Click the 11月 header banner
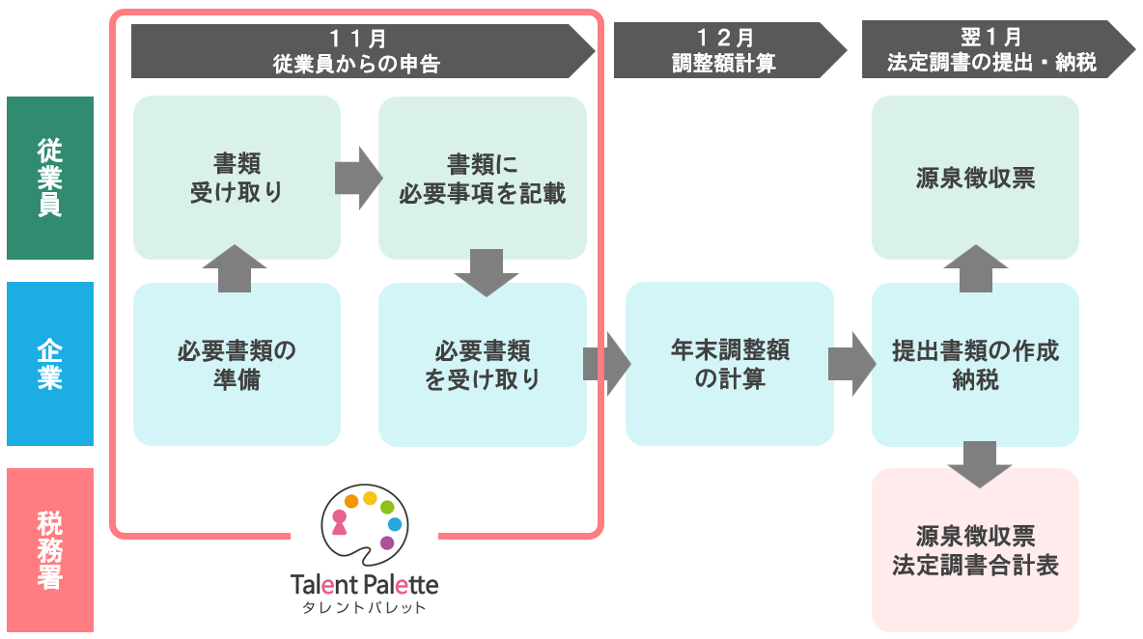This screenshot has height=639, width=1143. point(357,51)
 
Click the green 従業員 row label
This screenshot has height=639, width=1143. point(50,178)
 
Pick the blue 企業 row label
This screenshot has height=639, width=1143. point(50,364)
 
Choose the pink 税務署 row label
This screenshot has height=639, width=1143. point(50,549)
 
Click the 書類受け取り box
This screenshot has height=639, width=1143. point(237,178)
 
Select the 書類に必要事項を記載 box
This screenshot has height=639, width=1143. point(482,178)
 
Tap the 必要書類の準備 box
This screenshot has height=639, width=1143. point(237,364)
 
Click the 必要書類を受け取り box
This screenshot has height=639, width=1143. point(482,364)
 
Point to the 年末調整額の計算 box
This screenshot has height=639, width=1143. point(729,364)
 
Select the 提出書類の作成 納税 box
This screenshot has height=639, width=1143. point(975,364)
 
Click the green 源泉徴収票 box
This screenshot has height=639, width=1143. point(975,178)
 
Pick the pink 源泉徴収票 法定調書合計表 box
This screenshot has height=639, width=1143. point(975,549)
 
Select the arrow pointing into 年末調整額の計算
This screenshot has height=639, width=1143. point(606,364)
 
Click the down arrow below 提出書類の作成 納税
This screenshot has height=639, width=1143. point(980,463)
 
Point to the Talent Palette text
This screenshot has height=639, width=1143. point(364,585)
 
